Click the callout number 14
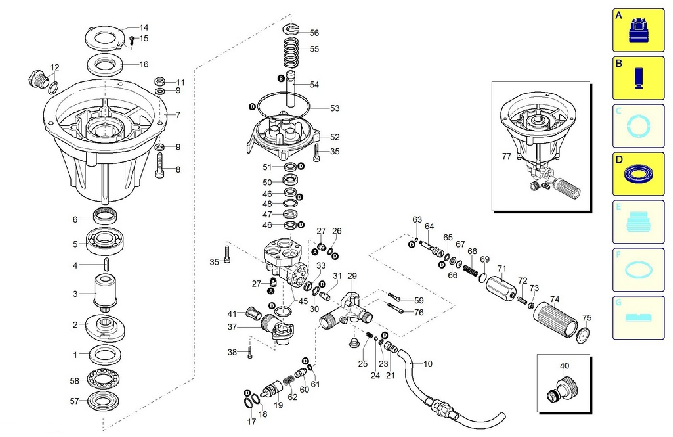(144, 27)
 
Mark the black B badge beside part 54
(281, 79)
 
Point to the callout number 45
(303, 301)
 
